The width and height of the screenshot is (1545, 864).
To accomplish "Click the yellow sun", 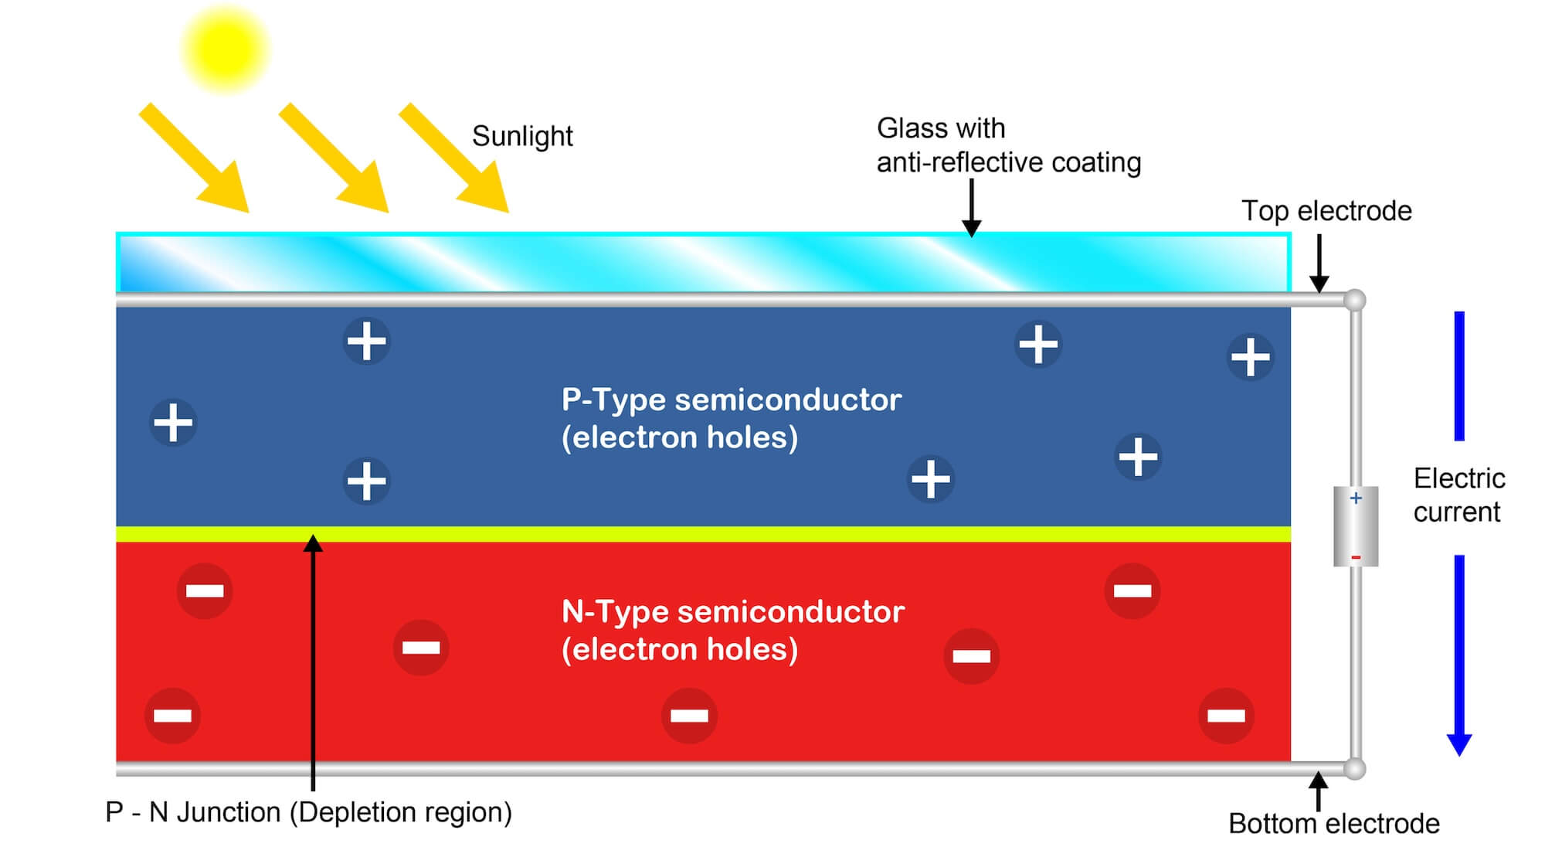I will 225,49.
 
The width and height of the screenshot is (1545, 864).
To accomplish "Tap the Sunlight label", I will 522,136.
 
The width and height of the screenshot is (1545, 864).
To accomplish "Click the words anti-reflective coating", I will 1008,162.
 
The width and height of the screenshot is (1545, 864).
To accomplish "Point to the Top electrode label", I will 1326,211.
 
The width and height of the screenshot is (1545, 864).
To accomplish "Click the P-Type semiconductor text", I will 731,400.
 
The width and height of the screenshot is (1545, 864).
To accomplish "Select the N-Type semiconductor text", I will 732,612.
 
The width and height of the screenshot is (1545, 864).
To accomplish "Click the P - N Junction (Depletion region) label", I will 308,812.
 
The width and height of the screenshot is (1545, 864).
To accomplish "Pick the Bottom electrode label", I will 1333,824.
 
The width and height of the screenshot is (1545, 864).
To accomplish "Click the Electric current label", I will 1458,495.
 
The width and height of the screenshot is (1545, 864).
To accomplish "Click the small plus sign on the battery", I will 1356,498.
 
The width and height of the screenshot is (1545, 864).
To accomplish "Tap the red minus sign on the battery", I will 1356,558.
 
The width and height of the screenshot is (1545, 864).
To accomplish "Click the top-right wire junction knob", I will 1354,300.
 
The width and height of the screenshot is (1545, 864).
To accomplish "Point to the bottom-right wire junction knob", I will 1354,769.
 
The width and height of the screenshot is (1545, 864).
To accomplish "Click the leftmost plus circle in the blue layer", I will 173,423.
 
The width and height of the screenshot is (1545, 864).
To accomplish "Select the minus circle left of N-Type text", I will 421,648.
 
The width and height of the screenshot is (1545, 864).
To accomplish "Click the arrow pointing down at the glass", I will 971,207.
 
